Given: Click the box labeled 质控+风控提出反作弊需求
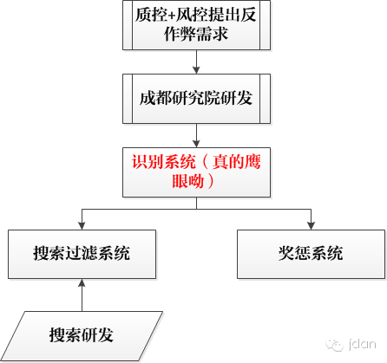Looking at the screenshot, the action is [196, 25].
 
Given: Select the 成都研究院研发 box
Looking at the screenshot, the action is [196, 99].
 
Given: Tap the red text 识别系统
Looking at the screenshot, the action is [164, 162].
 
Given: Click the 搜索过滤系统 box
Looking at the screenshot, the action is [82, 254].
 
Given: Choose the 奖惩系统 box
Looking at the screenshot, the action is [311, 254].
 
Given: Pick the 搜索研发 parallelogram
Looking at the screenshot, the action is [82, 336].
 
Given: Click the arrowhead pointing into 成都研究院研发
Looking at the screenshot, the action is [196, 70].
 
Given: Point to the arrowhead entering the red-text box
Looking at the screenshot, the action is [196, 144].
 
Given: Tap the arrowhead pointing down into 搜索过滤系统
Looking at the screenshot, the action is [82, 226].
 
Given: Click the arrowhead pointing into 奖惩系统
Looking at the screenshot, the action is [311, 226].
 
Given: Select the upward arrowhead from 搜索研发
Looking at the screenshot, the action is [82, 282].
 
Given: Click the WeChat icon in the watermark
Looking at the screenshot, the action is [335, 345].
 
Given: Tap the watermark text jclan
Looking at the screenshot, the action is [363, 344].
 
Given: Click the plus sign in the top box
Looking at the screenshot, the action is [172, 16].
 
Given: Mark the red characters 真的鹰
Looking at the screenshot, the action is [237, 162].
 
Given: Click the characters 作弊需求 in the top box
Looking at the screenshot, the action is [196, 35].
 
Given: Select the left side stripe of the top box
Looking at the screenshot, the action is [128, 25].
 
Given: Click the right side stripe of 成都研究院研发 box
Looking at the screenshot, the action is [266, 99].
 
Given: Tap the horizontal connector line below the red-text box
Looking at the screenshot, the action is [196, 209].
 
